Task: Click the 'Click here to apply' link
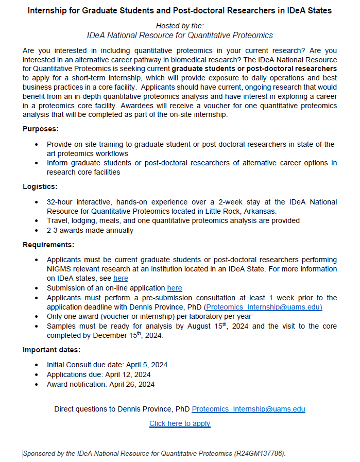[x=180, y=423]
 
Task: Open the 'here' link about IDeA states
[x=121, y=278]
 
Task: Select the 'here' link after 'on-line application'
[x=175, y=288]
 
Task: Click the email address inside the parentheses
[x=263, y=307]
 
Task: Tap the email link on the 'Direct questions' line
[x=248, y=409]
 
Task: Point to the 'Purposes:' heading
[x=41, y=128]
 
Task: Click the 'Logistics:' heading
[x=40, y=186]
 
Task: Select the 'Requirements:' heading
[x=48, y=245]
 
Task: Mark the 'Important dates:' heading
[x=52, y=350]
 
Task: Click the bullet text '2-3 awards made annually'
[x=90, y=230]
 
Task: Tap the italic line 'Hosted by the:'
[x=180, y=25]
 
